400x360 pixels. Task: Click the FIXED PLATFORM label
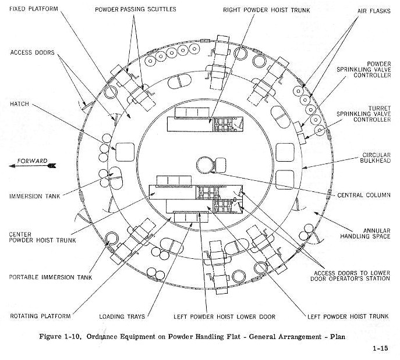[34, 9]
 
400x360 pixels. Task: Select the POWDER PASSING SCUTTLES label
[136, 9]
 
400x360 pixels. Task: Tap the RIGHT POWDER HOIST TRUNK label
[267, 10]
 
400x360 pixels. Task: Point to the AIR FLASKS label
[374, 11]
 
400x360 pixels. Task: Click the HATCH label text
[19, 104]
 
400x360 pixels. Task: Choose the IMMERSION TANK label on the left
[35, 197]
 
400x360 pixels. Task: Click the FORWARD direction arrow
[33, 166]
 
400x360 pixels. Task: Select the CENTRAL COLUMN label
[364, 195]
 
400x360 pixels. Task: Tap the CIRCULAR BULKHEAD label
[375, 158]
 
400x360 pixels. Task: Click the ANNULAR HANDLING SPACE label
[365, 234]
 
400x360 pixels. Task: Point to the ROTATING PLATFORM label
[40, 316]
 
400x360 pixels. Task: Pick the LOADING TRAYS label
[122, 317]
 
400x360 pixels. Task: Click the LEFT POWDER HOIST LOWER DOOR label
[225, 317]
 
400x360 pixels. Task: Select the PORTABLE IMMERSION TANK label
[51, 277]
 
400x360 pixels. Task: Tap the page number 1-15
[380, 348]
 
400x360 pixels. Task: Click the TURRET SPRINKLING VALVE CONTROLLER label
[363, 114]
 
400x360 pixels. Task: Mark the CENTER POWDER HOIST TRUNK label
[43, 237]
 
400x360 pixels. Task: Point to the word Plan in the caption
[338, 337]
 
